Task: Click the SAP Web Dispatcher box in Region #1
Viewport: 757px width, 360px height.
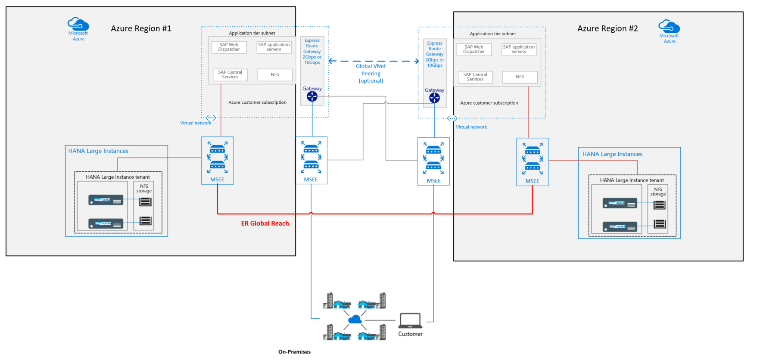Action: coord(229,47)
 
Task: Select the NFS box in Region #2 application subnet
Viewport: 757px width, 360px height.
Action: coord(520,77)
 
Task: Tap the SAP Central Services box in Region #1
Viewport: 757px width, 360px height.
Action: coord(230,74)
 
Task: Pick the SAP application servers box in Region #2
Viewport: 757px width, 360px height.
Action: coord(519,49)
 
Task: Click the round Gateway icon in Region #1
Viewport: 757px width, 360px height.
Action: coord(312,96)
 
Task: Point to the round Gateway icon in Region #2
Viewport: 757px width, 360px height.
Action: coord(434,98)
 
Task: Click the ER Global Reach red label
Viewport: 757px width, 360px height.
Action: coord(265,223)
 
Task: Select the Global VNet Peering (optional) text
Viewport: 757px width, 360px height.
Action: coord(371,73)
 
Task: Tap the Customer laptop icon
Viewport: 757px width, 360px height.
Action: coord(410,321)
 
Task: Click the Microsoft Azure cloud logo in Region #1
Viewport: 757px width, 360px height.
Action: coord(78,24)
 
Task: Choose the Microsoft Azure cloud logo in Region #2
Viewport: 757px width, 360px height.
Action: coord(669,27)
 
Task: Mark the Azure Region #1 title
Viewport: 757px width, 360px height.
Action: coord(141,28)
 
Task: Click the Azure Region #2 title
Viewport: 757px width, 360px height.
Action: coord(607,28)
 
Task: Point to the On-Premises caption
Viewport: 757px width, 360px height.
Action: coord(294,352)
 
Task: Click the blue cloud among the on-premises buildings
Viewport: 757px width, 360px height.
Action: coord(355,320)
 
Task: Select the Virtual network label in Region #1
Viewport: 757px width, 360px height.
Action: coord(196,123)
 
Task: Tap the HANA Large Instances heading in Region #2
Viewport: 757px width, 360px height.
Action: coord(612,154)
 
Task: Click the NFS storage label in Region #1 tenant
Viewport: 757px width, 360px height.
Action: coord(144,189)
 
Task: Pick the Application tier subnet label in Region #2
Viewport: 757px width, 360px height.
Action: coord(492,34)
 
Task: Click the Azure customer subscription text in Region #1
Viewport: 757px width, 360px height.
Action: coord(257,102)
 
